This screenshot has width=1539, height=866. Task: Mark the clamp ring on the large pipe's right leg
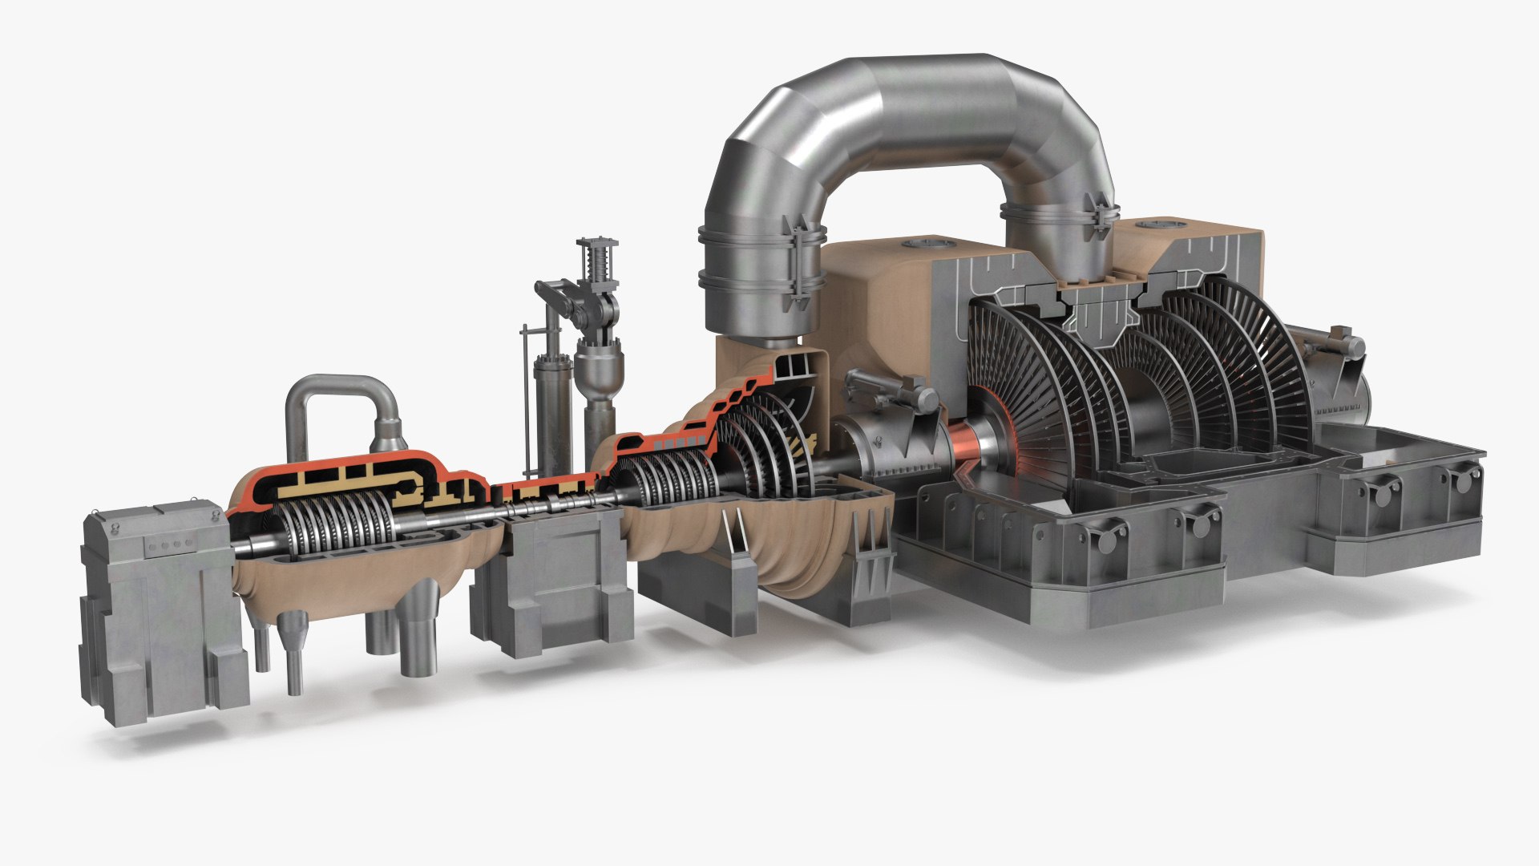[1058, 216]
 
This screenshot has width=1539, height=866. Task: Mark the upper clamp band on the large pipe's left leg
[761, 236]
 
